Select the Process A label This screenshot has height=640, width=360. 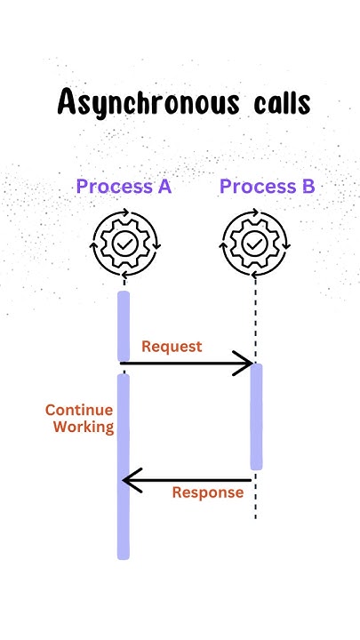click(x=124, y=187)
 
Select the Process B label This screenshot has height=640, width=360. click(x=267, y=187)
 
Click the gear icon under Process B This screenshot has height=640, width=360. click(x=255, y=242)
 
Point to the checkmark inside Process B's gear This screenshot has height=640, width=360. click(x=255, y=242)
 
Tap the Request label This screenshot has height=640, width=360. click(x=172, y=346)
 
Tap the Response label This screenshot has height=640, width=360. click(x=207, y=492)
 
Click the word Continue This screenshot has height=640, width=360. click(x=79, y=411)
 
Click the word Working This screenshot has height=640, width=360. click(x=84, y=428)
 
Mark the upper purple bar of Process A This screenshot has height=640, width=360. click(x=124, y=326)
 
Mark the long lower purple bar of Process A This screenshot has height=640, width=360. click(x=124, y=466)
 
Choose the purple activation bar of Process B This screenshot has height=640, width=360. click(x=256, y=416)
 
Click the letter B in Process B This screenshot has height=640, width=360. click(x=305, y=187)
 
